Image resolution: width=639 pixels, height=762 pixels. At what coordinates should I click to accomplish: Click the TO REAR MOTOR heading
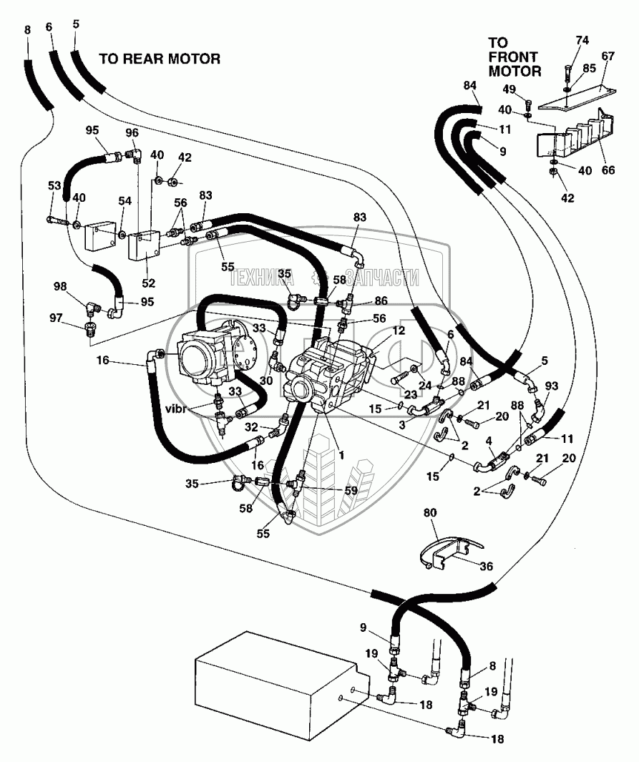click(x=160, y=59)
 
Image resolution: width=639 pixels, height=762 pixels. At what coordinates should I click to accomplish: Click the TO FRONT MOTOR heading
click(x=514, y=57)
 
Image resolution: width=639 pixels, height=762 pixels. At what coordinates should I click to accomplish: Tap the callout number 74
click(x=582, y=40)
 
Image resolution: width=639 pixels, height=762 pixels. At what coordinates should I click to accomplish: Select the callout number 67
click(x=608, y=57)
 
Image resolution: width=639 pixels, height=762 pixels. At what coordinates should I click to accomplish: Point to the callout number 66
click(x=608, y=170)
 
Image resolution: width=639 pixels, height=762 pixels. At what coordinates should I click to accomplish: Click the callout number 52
click(x=148, y=283)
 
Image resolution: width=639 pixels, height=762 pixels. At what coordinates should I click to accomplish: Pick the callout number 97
click(x=56, y=318)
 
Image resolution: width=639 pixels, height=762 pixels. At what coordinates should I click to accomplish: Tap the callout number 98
click(x=60, y=287)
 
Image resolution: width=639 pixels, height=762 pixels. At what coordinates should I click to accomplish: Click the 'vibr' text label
click(x=176, y=409)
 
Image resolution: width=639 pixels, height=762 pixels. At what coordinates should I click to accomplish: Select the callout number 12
click(x=399, y=331)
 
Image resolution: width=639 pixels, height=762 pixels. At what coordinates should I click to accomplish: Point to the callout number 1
click(x=341, y=455)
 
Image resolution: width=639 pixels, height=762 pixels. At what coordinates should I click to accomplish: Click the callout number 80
click(x=430, y=513)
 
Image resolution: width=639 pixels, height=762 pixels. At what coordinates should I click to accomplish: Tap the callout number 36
click(x=486, y=566)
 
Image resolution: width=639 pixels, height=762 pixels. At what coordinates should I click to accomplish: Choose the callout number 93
click(x=552, y=386)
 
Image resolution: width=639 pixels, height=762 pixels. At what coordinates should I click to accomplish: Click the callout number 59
click(x=351, y=490)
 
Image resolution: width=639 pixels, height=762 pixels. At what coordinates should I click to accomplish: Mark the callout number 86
click(x=381, y=301)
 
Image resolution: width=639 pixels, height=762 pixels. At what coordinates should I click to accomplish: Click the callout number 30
click(x=265, y=381)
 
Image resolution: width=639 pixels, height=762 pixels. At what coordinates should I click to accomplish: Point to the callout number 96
click(x=132, y=132)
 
